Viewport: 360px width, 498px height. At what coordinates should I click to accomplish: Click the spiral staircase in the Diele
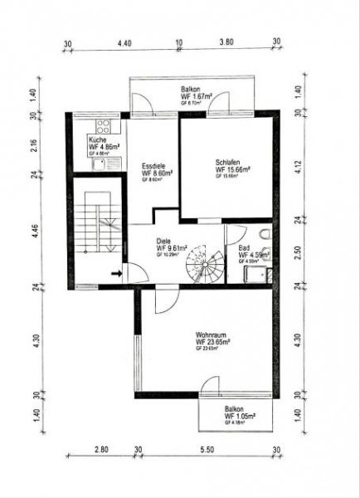[203, 266]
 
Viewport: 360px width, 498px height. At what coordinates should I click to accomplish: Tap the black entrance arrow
[117, 271]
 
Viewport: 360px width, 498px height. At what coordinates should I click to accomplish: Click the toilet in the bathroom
[263, 233]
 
